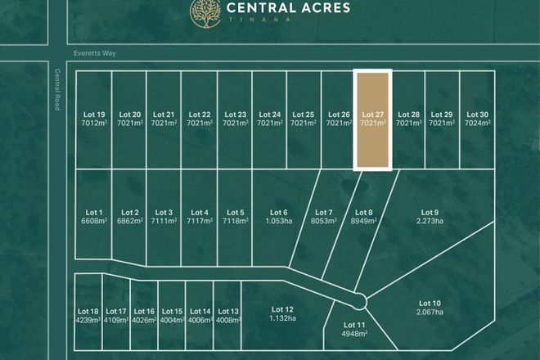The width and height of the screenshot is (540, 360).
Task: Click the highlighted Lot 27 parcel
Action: [x=372, y=119]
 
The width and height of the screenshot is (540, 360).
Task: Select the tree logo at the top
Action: [x=205, y=11]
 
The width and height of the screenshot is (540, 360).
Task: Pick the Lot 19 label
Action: [x=94, y=115]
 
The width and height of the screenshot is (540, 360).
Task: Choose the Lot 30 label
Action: [x=477, y=115]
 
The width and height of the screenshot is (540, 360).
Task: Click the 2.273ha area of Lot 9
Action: [x=430, y=221]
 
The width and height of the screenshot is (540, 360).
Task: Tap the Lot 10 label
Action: [x=430, y=304]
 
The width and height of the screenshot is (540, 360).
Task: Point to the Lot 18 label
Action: [x=88, y=312]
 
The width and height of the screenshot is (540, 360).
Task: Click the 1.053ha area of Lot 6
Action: [x=279, y=221]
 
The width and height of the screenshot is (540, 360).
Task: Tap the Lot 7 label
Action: [x=324, y=213]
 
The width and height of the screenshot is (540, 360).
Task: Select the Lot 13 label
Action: [x=229, y=312]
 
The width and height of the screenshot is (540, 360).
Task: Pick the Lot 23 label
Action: [x=235, y=115]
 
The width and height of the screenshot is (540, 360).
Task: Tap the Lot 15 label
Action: [x=172, y=312]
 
